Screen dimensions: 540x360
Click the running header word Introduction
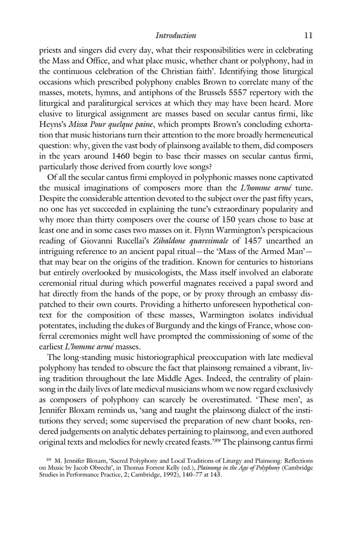(176, 36)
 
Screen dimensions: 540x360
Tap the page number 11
(308, 36)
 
